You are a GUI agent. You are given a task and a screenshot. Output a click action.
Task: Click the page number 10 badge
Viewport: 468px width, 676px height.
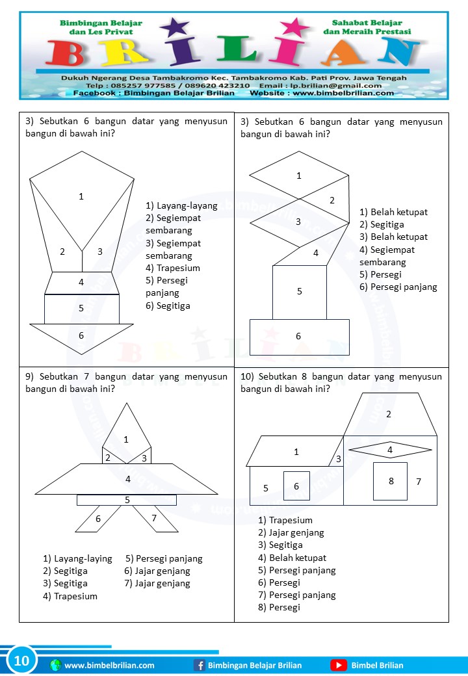(21, 661)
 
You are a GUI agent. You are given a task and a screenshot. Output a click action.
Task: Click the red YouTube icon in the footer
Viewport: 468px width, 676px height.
(338, 665)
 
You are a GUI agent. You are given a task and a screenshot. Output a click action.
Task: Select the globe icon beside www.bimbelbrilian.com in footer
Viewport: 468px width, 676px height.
(55, 665)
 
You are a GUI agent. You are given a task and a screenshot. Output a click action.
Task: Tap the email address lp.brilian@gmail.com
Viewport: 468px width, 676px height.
(343, 85)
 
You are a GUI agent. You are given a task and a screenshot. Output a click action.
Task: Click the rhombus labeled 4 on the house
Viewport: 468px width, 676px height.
(390, 449)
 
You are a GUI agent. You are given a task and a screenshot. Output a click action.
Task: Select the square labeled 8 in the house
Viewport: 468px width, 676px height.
(390, 481)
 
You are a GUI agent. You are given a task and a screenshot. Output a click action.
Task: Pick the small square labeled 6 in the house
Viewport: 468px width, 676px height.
(296, 486)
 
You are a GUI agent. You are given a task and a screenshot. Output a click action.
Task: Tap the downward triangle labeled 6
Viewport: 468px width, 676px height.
(81, 337)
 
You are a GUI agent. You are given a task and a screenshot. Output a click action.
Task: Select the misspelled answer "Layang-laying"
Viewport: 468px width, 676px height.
(77, 558)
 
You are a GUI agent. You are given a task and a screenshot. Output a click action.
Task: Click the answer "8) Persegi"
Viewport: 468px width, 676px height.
(279, 607)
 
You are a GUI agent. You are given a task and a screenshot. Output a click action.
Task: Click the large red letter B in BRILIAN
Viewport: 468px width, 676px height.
(68, 53)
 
